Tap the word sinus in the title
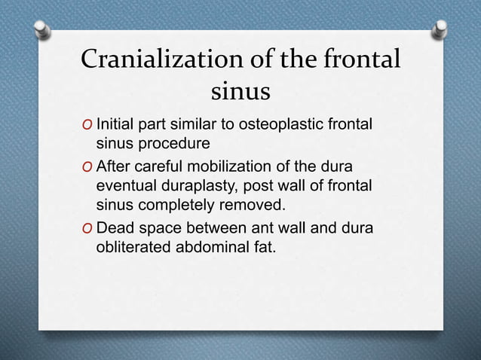(240, 93)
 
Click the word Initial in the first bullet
(118, 124)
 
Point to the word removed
(259, 203)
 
